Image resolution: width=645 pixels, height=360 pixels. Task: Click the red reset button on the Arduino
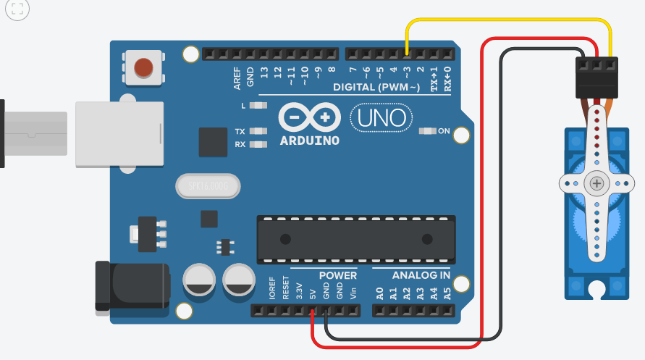tap(143, 67)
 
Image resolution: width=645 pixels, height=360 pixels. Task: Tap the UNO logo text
tap(381, 117)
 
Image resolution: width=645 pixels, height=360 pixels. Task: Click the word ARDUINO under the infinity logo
tap(309, 141)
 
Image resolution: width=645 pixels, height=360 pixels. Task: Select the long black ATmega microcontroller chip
tap(355, 238)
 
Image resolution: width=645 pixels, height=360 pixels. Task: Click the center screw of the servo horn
tap(596, 184)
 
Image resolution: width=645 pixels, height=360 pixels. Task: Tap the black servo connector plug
tap(595, 77)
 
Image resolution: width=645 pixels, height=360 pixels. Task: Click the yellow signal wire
tap(507, 21)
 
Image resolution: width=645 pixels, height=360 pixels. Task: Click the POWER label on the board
tap(338, 275)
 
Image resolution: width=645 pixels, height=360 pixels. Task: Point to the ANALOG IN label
tap(421, 275)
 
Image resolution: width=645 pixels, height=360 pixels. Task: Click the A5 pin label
tap(447, 293)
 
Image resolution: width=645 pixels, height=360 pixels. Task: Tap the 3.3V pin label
tap(299, 291)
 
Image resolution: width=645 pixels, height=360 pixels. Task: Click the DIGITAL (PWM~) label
tap(376, 88)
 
